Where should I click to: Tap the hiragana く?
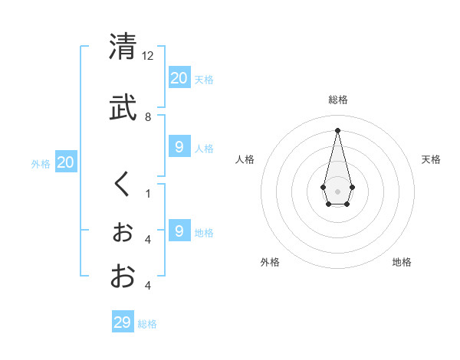click(x=122, y=185)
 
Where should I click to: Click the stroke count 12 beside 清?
click(x=149, y=56)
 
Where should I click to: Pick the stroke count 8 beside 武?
click(x=148, y=117)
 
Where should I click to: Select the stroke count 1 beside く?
click(x=148, y=194)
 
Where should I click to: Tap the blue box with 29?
click(x=123, y=322)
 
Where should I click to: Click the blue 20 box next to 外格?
click(x=66, y=162)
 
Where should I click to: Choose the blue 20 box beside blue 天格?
click(x=179, y=78)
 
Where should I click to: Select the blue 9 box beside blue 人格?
click(x=179, y=147)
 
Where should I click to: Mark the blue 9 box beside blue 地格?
click(x=179, y=231)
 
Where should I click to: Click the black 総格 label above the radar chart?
click(x=337, y=100)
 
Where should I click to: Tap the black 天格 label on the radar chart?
click(x=431, y=159)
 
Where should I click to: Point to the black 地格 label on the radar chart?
click(x=402, y=262)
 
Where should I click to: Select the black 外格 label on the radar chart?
click(x=270, y=262)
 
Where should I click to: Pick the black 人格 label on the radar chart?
click(x=245, y=159)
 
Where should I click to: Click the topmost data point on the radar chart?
click(x=337, y=129)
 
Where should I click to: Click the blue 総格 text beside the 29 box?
click(x=147, y=324)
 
